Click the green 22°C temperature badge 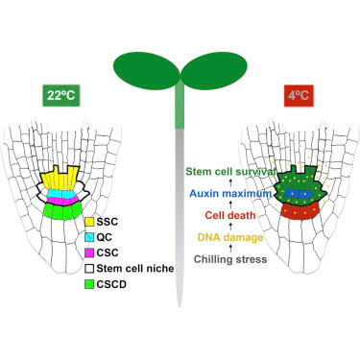[61, 95]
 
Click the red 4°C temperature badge [299, 95]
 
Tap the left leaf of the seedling [146, 71]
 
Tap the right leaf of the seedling [214, 71]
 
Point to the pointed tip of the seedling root [180, 306]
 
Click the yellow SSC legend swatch [89, 222]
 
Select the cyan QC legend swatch [89, 237]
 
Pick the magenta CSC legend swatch [89, 252]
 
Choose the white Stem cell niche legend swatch [89, 269]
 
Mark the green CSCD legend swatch [89, 284]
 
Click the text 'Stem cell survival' [230, 172]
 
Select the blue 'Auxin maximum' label [230, 194]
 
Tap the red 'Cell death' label [230, 215]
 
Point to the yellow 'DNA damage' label [230, 237]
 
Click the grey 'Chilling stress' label [230, 259]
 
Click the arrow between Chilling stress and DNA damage [230, 248]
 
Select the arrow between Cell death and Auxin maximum [230, 204]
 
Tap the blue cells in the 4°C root [299, 193]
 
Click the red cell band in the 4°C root [300, 211]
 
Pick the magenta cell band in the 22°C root [62, 201]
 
